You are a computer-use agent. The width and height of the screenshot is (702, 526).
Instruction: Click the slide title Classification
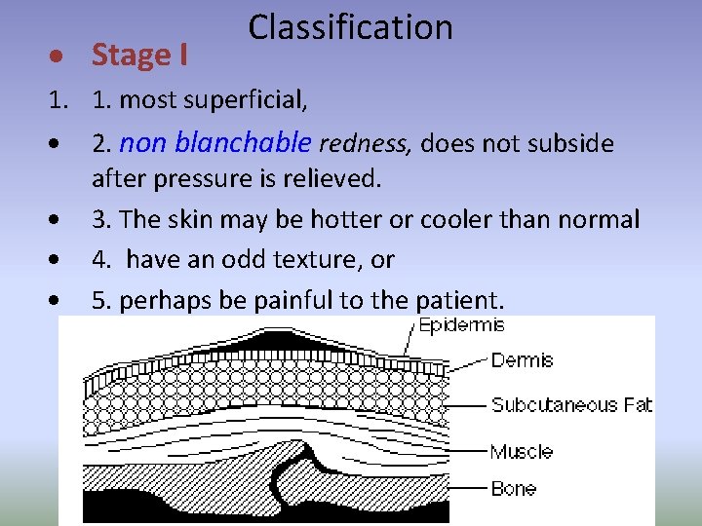[x=351, y=27]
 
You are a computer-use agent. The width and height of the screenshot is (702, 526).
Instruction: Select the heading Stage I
[x=139, y=56]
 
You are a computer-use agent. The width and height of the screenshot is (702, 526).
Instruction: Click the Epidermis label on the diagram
[x=462, y=326]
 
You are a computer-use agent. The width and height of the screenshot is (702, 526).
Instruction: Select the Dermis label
[x=522, y=360]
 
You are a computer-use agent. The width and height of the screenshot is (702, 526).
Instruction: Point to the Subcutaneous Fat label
[x=571, y=404]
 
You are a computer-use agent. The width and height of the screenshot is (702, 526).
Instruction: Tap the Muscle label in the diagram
[x=521, y=451]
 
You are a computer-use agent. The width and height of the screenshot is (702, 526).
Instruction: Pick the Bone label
[x=514, y=488]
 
